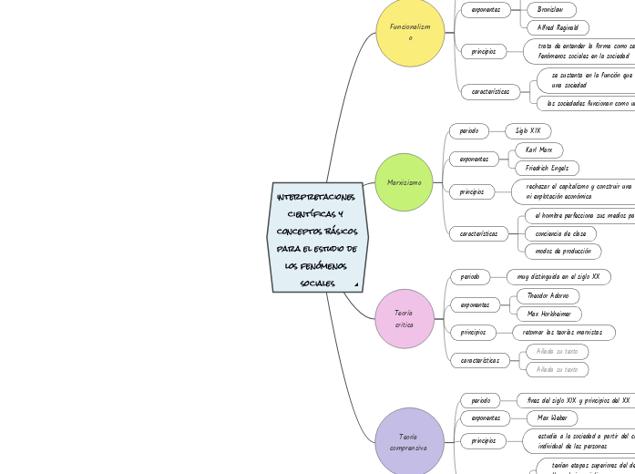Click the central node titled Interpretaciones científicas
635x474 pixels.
coord(317,237)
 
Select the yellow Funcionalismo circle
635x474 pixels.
coord(410,32)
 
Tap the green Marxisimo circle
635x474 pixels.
coord(404,182)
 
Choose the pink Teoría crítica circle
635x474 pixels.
coord(404,318)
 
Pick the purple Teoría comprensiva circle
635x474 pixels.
coord(408,442)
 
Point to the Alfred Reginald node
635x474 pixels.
coord(558,27)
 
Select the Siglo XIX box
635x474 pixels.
coord(527,131)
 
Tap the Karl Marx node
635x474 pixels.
coord(538,149)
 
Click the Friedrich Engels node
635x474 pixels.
coord(547,168)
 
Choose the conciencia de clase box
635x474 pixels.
coord(560,233)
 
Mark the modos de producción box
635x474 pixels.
coord(563,251)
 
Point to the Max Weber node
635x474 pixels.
coord(551,417)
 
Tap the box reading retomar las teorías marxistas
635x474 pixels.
coord(562,332)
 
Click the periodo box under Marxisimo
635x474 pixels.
coord(469,131)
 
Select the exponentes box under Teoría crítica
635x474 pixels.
coord(475,304)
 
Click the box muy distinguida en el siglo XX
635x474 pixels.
coord(558,276)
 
